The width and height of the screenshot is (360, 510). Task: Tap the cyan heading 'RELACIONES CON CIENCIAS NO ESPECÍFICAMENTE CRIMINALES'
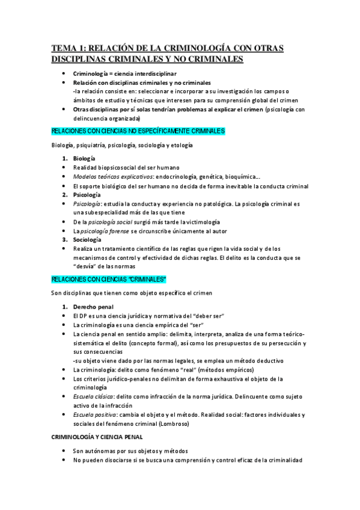(138, 131)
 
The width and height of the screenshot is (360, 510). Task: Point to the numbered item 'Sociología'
(88, 239)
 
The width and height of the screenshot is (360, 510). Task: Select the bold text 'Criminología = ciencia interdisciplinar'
(121, 73)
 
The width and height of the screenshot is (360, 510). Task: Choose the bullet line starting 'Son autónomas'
(130, 450)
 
